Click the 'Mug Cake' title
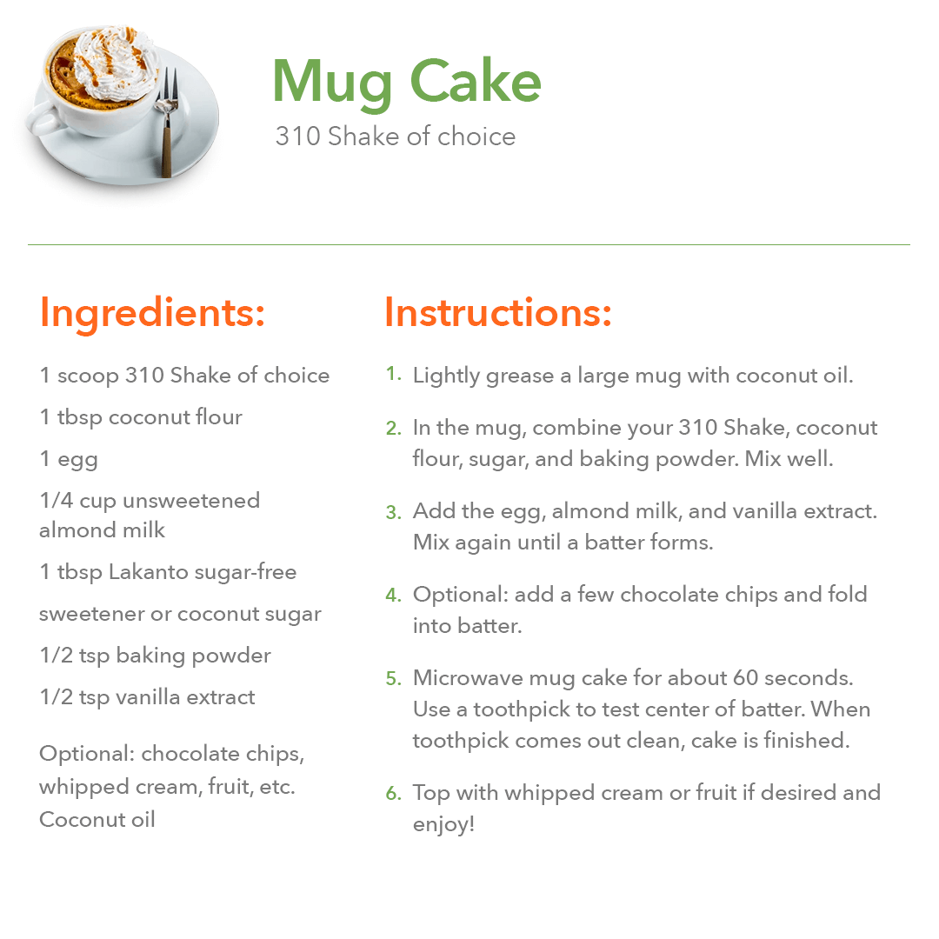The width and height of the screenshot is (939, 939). click(x=407, y=82)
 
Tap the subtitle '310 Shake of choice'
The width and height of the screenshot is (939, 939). click(x=396, y=137)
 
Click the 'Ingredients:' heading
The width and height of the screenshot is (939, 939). click(x=152, y=313)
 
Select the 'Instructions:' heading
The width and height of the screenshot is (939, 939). click(x=498, y=312)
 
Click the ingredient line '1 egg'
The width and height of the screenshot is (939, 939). click(x=69, y=459)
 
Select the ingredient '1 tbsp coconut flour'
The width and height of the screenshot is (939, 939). click(x=141, y=416)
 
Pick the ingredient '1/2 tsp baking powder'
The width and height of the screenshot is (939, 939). click(x=155, y=656)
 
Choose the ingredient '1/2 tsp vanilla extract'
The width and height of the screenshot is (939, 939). click(x=147, y=697)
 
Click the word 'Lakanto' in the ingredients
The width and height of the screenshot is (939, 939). click(x=149, y=572)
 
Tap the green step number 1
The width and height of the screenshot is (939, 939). click(x=394, y=374)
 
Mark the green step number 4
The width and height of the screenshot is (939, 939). click(x=394, y=596)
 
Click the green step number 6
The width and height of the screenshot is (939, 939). click(x=394, y=794)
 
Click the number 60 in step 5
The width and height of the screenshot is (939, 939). click(x=746, y=678)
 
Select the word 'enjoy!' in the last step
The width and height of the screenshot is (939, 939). click(x=443, y=824)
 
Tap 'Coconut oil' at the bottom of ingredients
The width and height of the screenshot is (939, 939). click(x=97, y=819)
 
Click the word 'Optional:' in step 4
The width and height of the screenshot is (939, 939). click(x=461, y=596)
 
